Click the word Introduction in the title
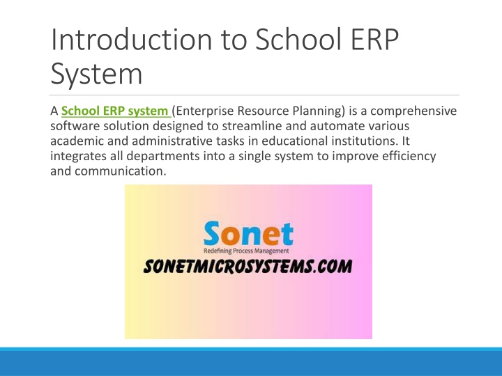point(131,39)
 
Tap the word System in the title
point(96,75)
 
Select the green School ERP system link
point(115,111)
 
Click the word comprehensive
point(413,111)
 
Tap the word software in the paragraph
point(75,125)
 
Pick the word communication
point(121,171)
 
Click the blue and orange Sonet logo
point(248,233)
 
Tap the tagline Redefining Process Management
point(246,251)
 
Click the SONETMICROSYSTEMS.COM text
point(248,266)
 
